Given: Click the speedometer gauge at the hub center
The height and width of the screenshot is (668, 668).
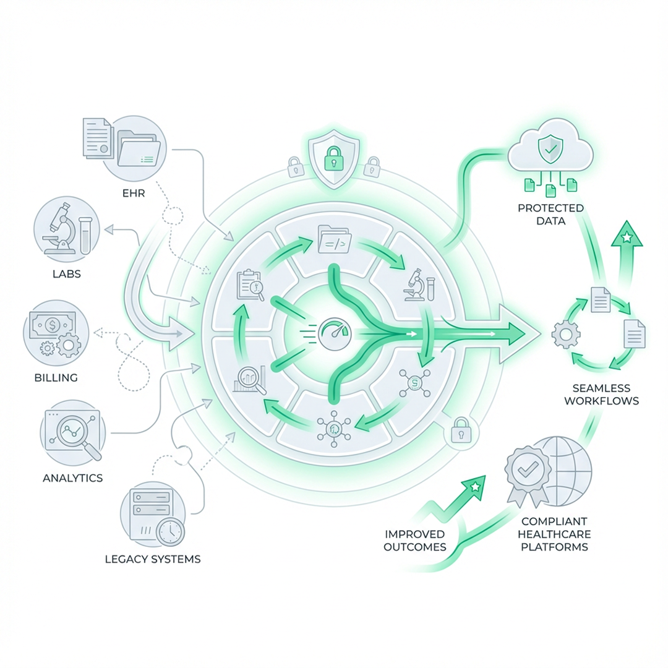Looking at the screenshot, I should click(x=333, y=334).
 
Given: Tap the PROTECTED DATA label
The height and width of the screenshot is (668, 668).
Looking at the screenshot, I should click(x=550, y=214).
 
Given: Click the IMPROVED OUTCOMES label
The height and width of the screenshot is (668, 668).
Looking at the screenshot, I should click(x=414, y=540).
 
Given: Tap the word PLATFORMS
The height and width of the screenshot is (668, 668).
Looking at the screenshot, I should click(x=554, y=547).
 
